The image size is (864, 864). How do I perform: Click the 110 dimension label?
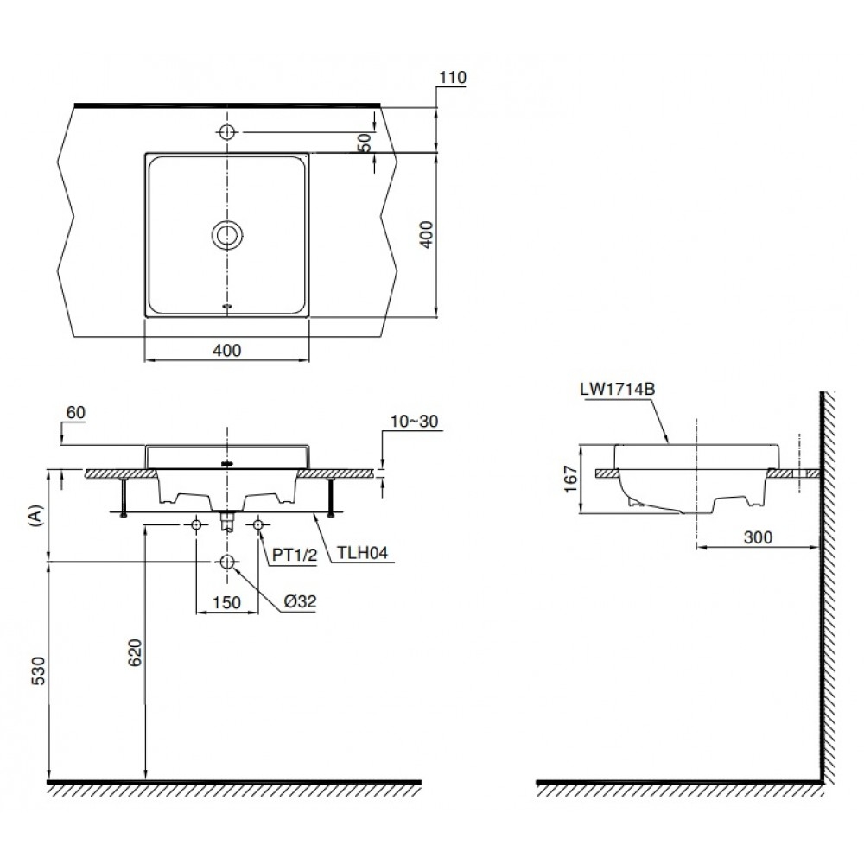click(452, 78)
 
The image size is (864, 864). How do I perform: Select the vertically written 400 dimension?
click(425, 234)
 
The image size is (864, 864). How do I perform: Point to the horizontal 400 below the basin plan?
click(226, 350)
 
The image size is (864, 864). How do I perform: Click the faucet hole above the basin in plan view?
click(226, 132)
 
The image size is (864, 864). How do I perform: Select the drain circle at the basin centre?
click(226, 234)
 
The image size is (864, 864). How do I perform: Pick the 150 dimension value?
click(226, 604)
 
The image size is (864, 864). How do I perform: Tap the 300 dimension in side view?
click(757, 537)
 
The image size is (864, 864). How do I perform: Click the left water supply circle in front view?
click(197, 524)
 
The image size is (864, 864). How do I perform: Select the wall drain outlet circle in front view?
click(227, 562)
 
